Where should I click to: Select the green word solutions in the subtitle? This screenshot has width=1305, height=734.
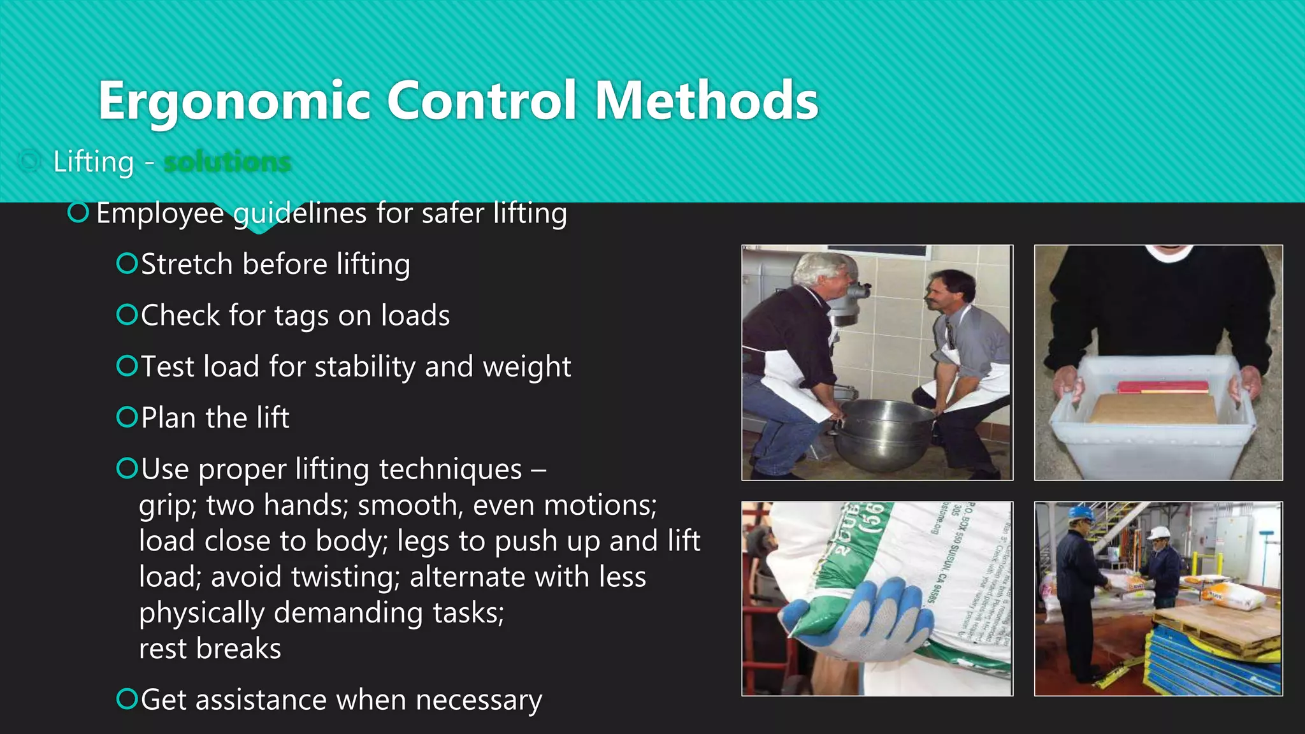point(227,162)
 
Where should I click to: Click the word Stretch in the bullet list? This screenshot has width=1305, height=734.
point(186,264)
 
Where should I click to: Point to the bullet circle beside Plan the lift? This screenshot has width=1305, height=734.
point(127,417)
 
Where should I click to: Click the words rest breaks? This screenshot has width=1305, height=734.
point(210,649)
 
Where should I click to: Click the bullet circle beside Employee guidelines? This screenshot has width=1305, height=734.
point(78,213)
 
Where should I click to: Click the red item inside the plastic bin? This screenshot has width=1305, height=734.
point(1162,387)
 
